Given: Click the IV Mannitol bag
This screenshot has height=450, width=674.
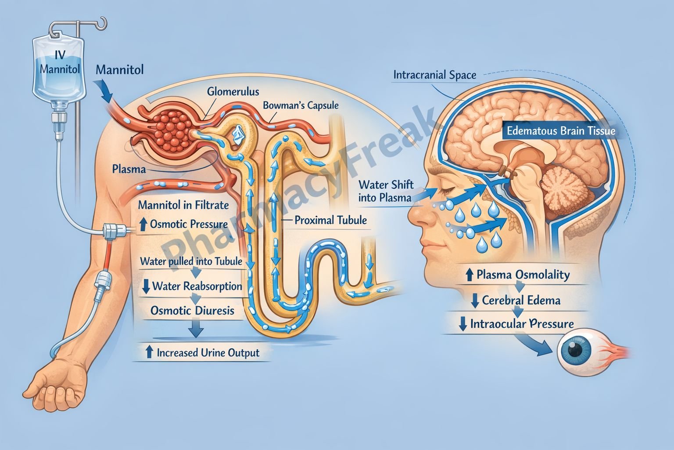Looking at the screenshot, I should click(x=58, y=66).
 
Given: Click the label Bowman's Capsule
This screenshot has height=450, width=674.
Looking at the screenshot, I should click(x=301, y=105).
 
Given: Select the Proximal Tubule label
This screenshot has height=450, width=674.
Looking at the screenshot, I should click(x=330, y=220).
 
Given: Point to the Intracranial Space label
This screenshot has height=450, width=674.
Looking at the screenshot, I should click(x=434, y=75).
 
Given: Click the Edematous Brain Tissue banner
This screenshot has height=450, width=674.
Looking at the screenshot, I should click(x=561, y=131).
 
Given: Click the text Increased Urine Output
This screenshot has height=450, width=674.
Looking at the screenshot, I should click(x=208, y=352).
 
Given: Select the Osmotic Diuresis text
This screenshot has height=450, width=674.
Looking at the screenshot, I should click(x=192, y=311).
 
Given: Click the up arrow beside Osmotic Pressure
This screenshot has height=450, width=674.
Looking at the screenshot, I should click(x=143, y=225).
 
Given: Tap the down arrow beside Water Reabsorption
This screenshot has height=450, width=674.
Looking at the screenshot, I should click(x=146, y=287).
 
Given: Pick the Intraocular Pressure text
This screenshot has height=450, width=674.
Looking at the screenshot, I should click(x=522, y=324).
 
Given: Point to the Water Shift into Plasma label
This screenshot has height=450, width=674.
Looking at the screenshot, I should click(x=386, y=191).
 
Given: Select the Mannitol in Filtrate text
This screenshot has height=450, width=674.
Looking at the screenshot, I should click(x=183, y=205).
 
